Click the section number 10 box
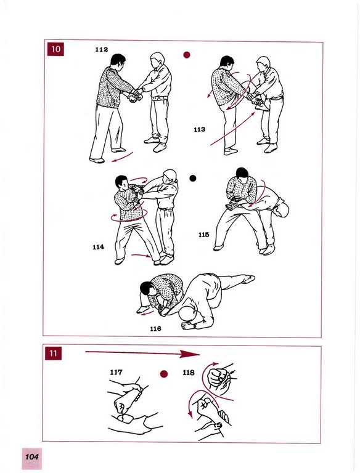point(55,49)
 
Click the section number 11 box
point(53,353)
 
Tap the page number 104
point(31,456)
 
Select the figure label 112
point(102,49)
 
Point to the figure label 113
point(199,129)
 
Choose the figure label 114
point(98,247)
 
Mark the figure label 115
point(204,235)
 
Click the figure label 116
point(155,328)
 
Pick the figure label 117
point(116,372)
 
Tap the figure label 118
point(189,373)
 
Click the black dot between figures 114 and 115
point(193,178)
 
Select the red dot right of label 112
point(187,55)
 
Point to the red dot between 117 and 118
point(164,374)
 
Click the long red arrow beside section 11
point(142,354)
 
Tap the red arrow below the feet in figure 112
point(122,157)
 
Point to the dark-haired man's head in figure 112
point(118,61)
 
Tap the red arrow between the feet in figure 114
point(141,256)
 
